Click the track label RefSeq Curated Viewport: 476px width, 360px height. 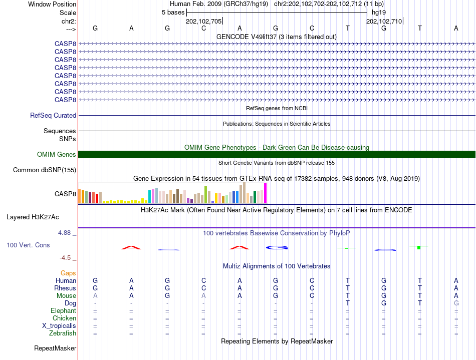[x=53, y=116]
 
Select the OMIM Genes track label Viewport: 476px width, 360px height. [x=57, y=155]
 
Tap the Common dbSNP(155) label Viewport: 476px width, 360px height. [x=45, y=170]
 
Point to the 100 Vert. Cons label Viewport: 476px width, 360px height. [x=28, y=245]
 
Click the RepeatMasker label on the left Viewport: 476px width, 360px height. [x=55, y=348]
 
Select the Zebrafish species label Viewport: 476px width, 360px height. [x=63, y=333]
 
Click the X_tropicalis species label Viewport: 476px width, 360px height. [x=59, y=326]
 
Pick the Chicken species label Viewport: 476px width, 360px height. [x=64, y=318]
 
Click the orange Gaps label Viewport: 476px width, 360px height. [x=68, y=273]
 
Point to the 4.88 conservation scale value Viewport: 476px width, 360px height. [x=65, y=233]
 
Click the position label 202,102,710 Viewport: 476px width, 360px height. [x=384, y=22]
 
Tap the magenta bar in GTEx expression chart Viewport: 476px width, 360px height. [x=266, y=193]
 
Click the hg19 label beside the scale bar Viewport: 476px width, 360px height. [x=378, y=13]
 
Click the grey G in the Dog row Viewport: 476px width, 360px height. [x=456, y=303]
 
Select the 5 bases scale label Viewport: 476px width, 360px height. [x=173, y=13]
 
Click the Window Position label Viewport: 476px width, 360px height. [x=52, y=4]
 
